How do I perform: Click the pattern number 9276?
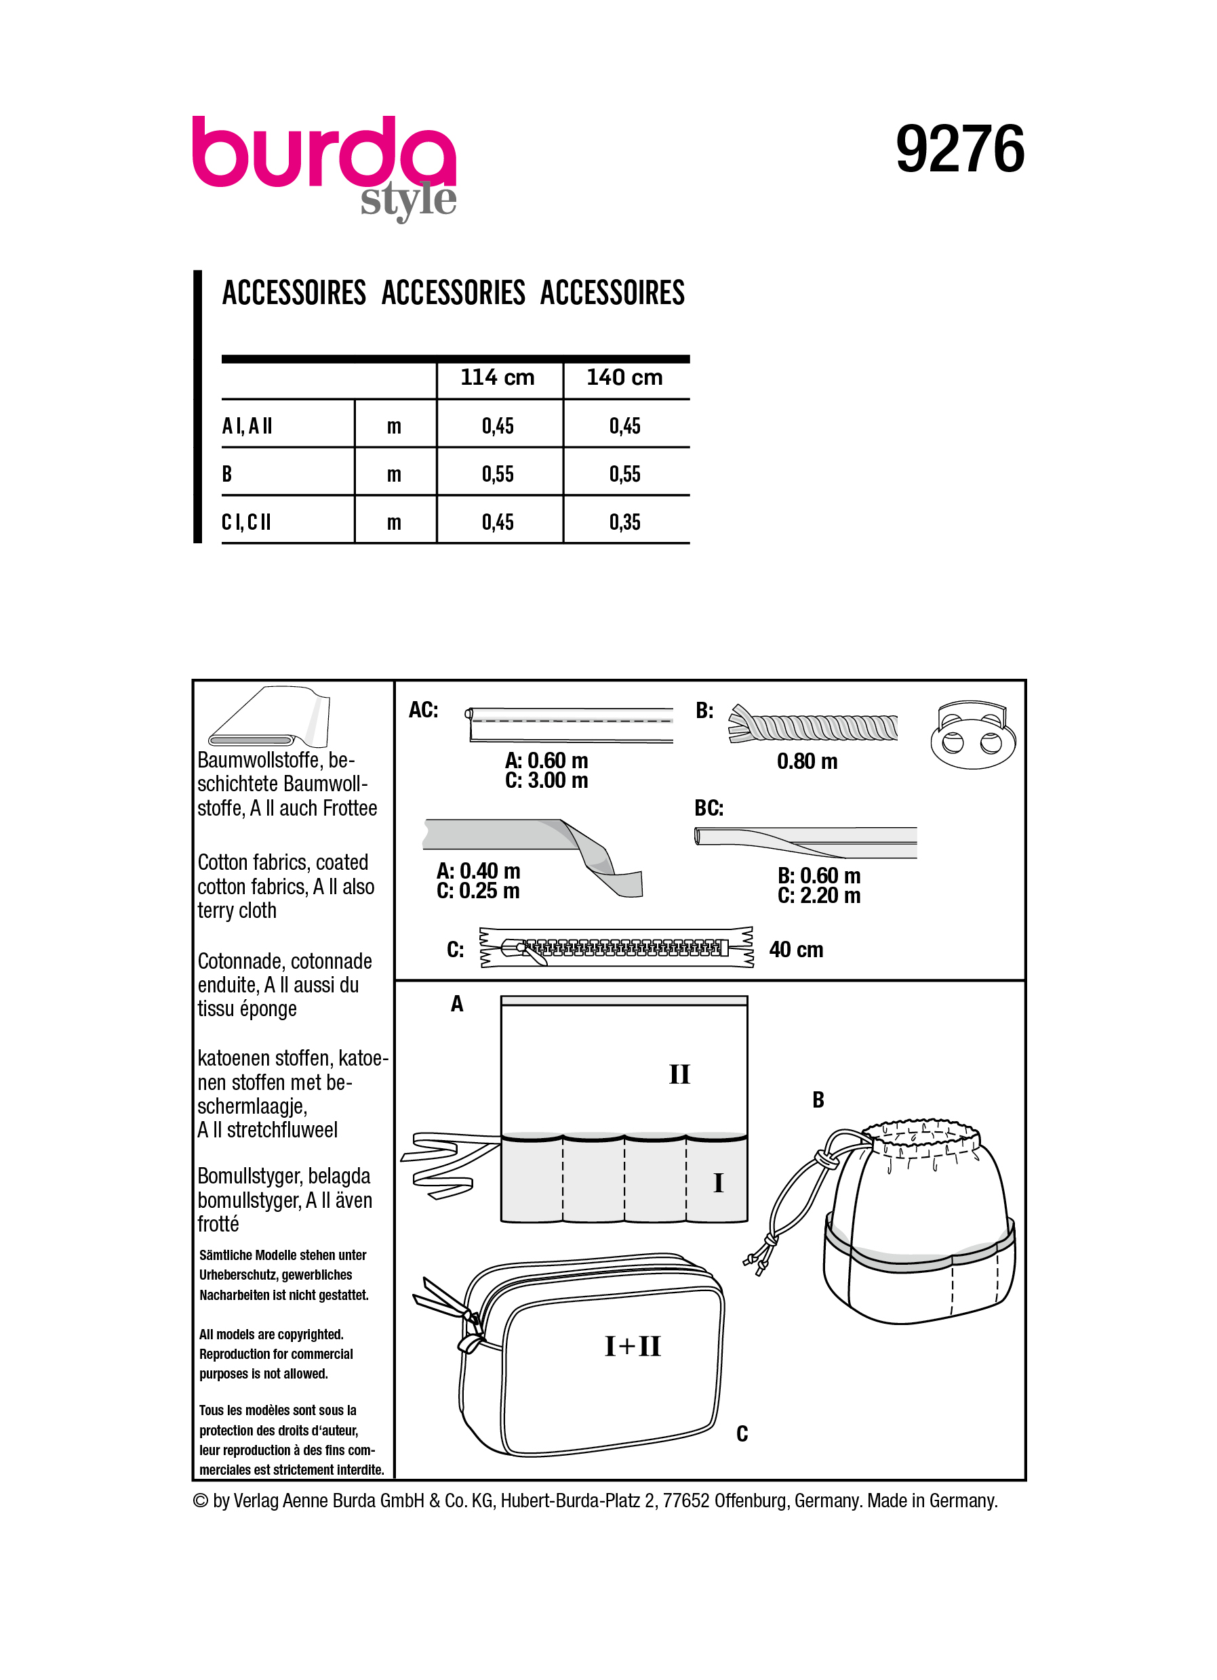(x=959, y=150)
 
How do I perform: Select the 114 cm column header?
(x=498, y=378)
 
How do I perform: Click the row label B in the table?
(x=227, y=474)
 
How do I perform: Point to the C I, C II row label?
(x=246, y=522)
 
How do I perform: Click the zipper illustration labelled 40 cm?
(x=617, y=948)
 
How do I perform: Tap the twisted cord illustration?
(x=814, y=726)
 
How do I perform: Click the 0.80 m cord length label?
(x=806, y=761)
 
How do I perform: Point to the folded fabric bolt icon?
(x=268, y=718)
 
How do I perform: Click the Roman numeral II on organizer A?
(x=679, y=1075)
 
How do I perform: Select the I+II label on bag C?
(x=632, y=1346)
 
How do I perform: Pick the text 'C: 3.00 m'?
(x=546, y=781)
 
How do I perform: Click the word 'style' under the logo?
(x=407, y=201)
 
